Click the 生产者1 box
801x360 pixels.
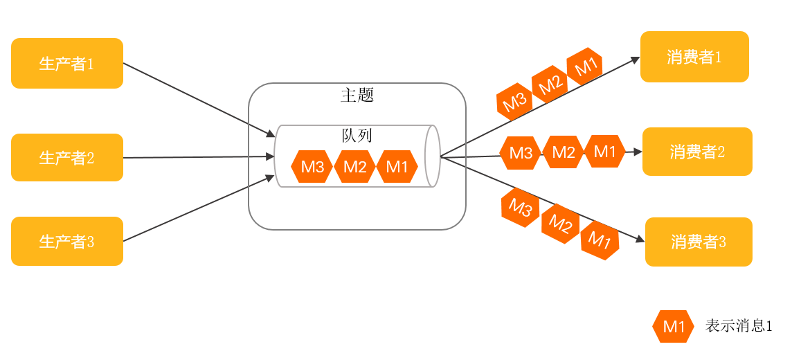click(x=67, y=64)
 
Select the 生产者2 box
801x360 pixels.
click(x=67, y=158)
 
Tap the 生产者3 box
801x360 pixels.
click(x=67, y=242)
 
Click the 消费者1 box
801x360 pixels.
click(x=694, y=57)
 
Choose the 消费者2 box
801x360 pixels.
click(x=697, y=152)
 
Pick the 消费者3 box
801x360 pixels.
click(x=699, y=242)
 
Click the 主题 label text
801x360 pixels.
click(x=357, y=96)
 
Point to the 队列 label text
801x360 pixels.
click(x=357, y=135)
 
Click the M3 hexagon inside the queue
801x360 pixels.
click(x=312, y=167)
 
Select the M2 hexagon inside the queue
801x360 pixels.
click(x=354, y=167)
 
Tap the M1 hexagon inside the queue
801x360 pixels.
click(x=397, y=167)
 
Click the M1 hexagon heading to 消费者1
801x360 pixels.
click(x=585, y=67)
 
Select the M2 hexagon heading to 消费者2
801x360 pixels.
click(x=563, y=152)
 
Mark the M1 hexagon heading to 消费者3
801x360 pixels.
click(x=600, y=240)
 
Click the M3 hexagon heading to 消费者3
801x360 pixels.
click(x=521, y=207)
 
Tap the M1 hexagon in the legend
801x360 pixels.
click(x=673, y=327)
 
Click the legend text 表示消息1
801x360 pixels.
click(x=738, y=326)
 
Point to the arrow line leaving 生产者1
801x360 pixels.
click(x=194, y=98)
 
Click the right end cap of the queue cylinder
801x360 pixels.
click(x=433, y=156)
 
